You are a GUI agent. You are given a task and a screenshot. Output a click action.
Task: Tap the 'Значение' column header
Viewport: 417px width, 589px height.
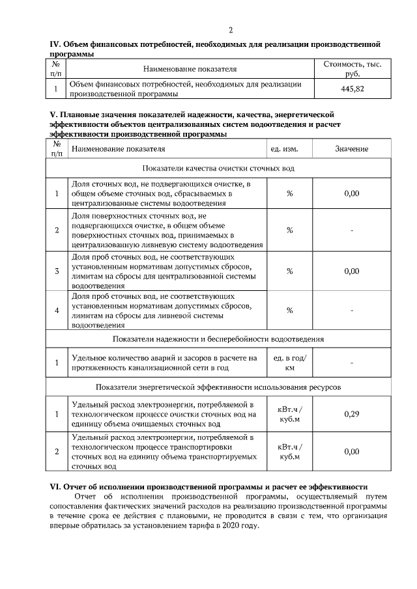(351, 149)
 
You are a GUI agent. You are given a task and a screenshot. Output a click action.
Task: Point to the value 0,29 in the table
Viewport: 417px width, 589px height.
(351, 414)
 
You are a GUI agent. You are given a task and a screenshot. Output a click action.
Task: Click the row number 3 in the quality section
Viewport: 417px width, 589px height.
(57, 271)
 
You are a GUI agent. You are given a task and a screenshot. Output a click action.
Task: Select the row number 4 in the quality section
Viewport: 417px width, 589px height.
(57, 310)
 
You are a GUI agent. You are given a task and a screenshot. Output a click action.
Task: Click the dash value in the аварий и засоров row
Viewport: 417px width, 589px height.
(351, 363)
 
